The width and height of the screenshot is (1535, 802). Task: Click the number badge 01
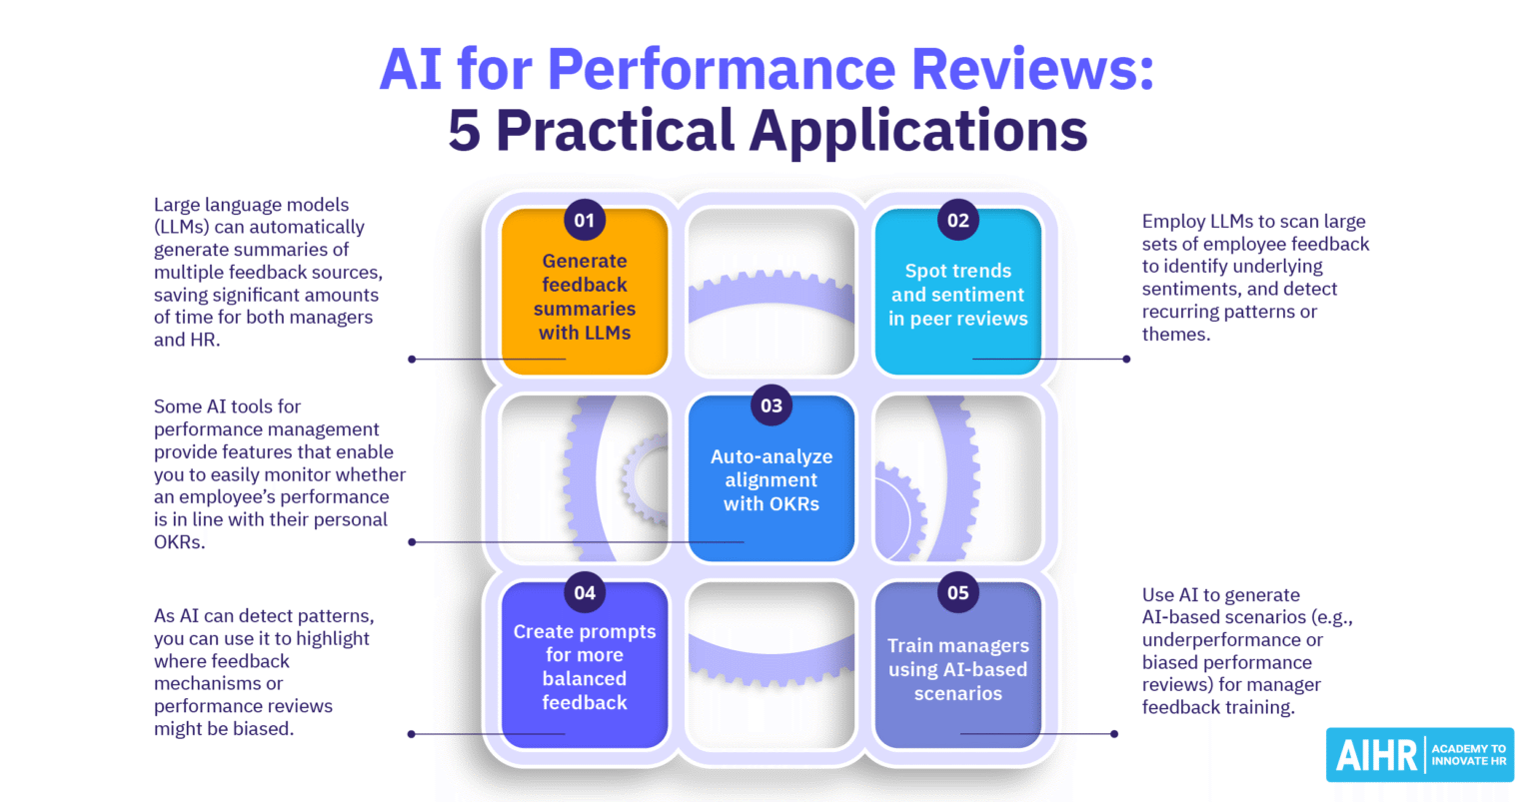585,221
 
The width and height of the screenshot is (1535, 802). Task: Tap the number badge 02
957,221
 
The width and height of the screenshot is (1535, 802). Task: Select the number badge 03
771,406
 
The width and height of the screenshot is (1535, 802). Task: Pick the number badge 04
585,593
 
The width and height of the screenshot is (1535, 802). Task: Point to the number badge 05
957,593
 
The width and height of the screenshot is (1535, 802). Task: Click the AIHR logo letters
1376,756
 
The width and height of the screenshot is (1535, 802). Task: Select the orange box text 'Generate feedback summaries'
585,297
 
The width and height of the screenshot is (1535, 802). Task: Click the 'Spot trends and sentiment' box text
957,295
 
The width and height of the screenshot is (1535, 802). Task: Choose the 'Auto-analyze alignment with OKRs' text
771,480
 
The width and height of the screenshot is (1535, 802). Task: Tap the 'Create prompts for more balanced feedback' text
585,667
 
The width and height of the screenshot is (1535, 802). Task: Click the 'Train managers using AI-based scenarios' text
957,669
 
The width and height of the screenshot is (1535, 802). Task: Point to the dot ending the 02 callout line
1126,359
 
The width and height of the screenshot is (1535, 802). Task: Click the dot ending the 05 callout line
1114,734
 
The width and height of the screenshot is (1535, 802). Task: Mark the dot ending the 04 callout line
412,734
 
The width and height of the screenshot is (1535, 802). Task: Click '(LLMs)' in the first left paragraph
182,228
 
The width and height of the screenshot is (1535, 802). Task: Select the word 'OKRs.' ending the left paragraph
179,542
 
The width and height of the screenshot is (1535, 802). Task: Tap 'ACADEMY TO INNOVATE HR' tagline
1468,755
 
